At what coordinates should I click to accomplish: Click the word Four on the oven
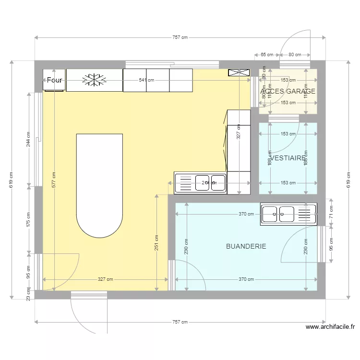[54, 80]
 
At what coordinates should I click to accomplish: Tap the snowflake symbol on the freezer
[94, 80]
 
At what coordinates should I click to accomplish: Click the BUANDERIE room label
[246, 246]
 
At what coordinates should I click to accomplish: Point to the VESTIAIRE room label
[288, 157]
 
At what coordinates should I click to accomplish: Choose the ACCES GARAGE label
[288, 91]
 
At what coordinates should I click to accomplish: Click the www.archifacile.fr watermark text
[331, 327]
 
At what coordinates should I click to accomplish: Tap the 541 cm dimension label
[146, 80]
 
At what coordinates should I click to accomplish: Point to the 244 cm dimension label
[29, 139]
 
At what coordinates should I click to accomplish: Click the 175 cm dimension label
[29, 219]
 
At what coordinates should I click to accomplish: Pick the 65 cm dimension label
[267, 55]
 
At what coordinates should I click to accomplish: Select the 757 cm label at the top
[180, 37]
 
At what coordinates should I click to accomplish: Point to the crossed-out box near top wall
[239, 72]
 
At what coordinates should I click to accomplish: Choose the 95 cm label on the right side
[331, 244]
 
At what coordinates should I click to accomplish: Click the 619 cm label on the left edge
[12, 180]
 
